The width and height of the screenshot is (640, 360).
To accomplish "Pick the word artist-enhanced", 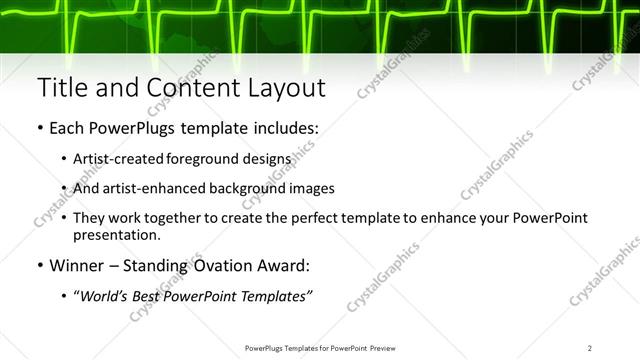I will coord(164,188).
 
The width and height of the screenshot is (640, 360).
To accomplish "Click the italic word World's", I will coord(109,296).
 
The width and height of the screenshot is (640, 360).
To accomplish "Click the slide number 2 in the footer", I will coord(590,347).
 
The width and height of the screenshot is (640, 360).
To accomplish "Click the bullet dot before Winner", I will coord(39,266).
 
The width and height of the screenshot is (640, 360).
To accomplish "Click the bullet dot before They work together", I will coord(64,218).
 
